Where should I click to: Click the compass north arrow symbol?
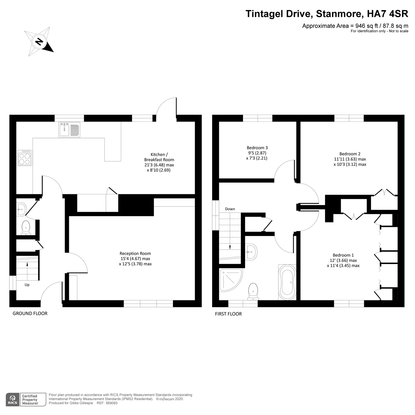[39, 41]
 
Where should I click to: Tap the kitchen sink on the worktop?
[70, 130]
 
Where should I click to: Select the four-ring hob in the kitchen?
[25, 158]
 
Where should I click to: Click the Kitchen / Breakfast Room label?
[159, 162]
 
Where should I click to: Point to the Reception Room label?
[135, 258]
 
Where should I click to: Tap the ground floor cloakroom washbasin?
[21, 209]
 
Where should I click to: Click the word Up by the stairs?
[27, 285]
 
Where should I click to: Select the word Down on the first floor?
[230, 209]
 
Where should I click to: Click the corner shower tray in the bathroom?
[230, 280]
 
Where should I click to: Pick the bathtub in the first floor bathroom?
[287, 282]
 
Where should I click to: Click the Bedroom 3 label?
[257, 153]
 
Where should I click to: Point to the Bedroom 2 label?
[350, 159]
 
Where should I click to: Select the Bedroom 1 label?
[343, 260]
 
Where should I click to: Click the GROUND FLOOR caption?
[30, 313]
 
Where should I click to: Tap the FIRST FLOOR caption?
[228, 314]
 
